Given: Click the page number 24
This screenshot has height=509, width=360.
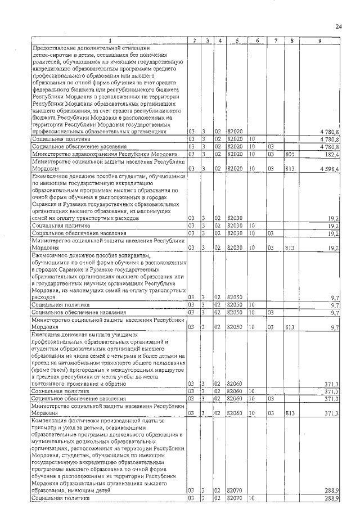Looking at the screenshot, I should click(x=338, y=26).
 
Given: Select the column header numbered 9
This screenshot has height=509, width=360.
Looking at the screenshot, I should click(x=319, y=40).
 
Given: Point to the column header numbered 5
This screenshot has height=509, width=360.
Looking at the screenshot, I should click(x=237, y=40).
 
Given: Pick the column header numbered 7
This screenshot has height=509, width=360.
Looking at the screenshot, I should click(x=276, y=40).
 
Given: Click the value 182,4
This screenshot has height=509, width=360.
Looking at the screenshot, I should click(x=330, y=153).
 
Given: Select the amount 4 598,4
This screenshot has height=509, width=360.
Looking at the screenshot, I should click(x=328, y=168).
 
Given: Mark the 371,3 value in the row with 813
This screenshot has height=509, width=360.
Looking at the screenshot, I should click(x=330, y=413).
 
